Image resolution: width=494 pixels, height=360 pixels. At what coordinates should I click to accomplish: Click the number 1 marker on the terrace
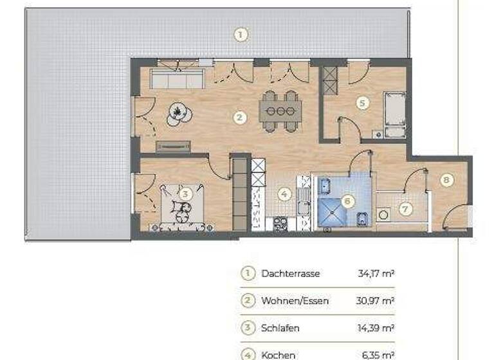pos(240,35)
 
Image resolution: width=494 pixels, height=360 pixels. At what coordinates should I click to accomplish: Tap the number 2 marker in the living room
pos(239,118)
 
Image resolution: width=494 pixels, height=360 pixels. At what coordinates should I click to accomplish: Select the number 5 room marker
pos(363,103)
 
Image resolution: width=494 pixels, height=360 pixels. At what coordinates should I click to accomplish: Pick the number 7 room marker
pos(405,209)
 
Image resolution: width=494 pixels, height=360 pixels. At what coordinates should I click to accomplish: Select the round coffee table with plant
pos(179,114)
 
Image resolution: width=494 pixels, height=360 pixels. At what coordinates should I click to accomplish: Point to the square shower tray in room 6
pos(334,212)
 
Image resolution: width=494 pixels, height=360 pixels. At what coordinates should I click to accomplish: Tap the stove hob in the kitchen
pos(281,224)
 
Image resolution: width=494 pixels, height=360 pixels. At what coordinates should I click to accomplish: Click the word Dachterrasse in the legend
pos(290,273)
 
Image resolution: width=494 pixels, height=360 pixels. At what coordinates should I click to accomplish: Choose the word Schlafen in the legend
pos(280,328)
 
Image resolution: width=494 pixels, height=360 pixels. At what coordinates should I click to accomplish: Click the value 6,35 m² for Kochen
pos(376,355)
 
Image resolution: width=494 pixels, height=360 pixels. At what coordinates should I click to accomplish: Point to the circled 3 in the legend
pos(248,328)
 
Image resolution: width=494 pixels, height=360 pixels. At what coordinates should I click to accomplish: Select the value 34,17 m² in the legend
pos(376,273)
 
